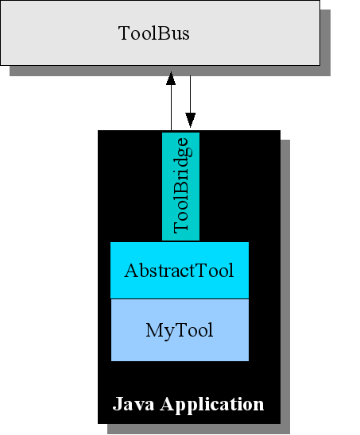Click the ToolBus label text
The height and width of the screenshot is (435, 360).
pyautogui.click(x=154, y=33)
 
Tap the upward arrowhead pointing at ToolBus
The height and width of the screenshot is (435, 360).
pyautogui.click(x=171, y=78)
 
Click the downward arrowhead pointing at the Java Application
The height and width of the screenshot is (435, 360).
pyautogui.click(x=190, y=120)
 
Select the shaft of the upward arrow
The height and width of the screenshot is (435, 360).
pyautogui.click(x=171, y=107)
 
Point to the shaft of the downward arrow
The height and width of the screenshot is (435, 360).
pyautogui.click(x=190, y=94)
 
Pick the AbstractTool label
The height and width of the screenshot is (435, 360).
pyautogui.click(x=179, y=271)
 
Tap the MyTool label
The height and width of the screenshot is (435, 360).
pyautogui.click(x=180, y=330)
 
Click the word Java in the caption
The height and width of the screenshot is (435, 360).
pyautogui.click(x=134, y=404)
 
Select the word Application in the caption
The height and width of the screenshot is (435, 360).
pyautogui.click(x=212, y=405)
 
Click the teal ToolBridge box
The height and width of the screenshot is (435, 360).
pyautogui.click(x=181, y=187)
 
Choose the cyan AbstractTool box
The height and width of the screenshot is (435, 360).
pyautogui.click(x=180, y=270)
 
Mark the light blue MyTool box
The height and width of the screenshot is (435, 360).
pyautogui.click(x=180, y=330)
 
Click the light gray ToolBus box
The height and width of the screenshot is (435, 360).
pyautogui.click(x=160, y=33)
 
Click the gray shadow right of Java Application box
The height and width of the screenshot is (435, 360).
pyautogui.click(x=285, y=287)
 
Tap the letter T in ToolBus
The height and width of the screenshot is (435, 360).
pyautogui.click(x=124, y=33)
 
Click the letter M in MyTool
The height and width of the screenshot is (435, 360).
pyautogui.click(x=155, y=329)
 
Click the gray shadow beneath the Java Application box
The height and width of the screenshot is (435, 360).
pyautogui.click(x=199, y=429)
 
